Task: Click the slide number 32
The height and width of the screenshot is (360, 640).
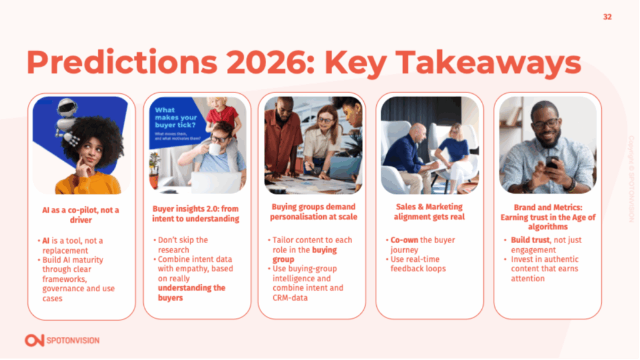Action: tap(607, 17)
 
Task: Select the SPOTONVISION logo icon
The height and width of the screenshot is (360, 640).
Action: tap(34, 340)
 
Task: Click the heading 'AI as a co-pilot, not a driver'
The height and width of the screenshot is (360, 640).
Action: tap(81, 215)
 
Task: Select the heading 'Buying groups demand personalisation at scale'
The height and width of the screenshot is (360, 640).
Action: tap(312, 212)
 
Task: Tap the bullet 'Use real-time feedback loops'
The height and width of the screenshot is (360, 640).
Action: tap(419, 264)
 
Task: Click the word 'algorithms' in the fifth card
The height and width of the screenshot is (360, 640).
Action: tap(547, 227)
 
